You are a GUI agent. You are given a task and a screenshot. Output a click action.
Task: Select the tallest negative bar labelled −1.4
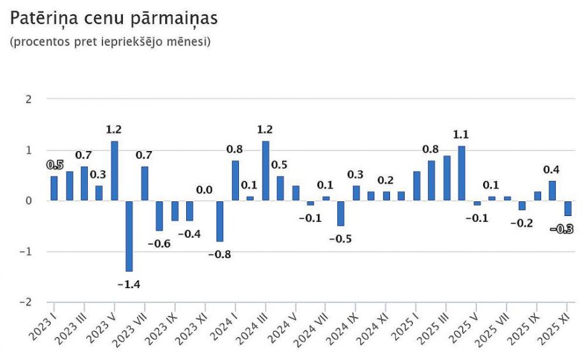pos(129,236)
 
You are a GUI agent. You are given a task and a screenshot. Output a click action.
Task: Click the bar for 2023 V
pos(114,171)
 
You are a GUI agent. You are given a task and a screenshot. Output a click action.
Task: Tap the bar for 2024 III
pos(265,171)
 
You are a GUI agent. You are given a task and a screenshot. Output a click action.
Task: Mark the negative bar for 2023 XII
pos(220,221)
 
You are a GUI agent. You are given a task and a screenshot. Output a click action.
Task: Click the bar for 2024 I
pos(235,180)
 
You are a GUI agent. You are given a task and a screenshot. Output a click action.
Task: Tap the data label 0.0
pos(204,190)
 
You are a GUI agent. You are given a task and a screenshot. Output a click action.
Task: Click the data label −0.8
pos(220,255)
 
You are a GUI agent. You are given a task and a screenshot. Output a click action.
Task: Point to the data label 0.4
pos(551,169)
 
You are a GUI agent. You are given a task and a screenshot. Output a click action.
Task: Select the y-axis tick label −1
pos(26,252)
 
